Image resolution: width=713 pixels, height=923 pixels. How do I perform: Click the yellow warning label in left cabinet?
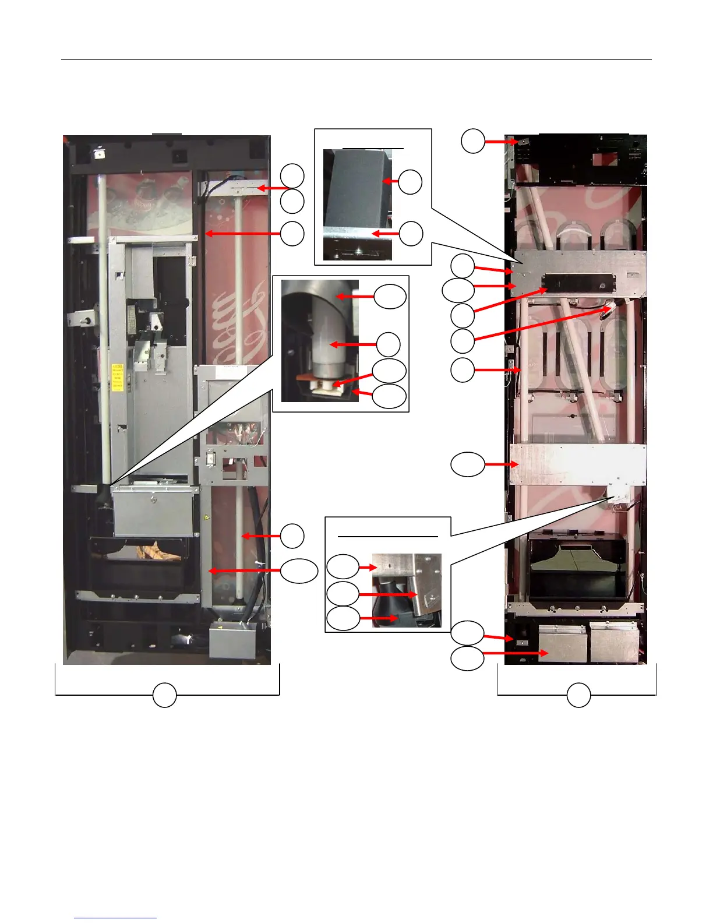[117, 376]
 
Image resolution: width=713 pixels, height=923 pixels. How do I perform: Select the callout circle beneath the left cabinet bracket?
[165, 696]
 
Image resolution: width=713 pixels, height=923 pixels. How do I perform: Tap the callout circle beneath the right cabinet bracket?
[578, 696]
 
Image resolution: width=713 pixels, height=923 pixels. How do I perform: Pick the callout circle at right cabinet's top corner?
[473, 141]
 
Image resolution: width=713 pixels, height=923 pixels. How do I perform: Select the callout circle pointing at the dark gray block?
[410, 182]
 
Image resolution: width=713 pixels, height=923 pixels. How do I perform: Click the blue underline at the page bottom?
[116, 918]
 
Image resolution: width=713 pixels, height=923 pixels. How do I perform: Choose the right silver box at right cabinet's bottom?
[614, 642]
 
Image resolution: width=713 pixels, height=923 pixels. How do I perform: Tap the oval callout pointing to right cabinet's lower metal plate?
[468, 464]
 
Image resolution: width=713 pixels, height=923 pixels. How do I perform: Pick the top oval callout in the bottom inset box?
[343, 566]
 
